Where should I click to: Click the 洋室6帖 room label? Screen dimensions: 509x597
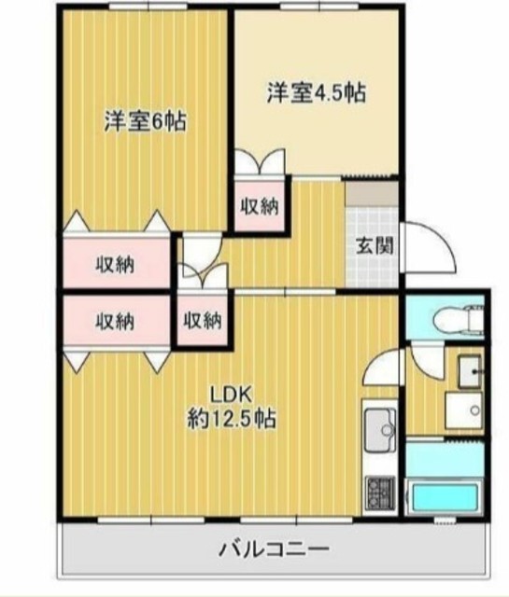[x=146, y=121]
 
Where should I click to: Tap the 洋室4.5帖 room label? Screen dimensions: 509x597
[x=317, y=92]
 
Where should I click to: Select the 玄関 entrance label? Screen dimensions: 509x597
[x=375, y=246]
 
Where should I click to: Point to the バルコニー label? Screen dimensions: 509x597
[x=274, y=549]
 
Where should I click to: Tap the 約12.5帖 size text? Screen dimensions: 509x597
[x=232, y=419]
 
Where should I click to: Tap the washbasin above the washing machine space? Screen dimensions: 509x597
[x=469, y=371]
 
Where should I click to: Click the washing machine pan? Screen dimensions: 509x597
[x=463, y=410]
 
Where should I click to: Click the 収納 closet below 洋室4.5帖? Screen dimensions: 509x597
[x=260, y=206]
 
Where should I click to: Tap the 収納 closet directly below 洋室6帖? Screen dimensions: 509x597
[x=115, y=264]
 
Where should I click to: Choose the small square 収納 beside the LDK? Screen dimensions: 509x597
[x=203, y=321]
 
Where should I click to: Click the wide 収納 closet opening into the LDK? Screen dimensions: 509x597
[x=115, y=321]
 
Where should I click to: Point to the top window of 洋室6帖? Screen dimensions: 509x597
[x=148, y=6]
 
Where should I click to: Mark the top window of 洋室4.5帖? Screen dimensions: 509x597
[x=318, y=6]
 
